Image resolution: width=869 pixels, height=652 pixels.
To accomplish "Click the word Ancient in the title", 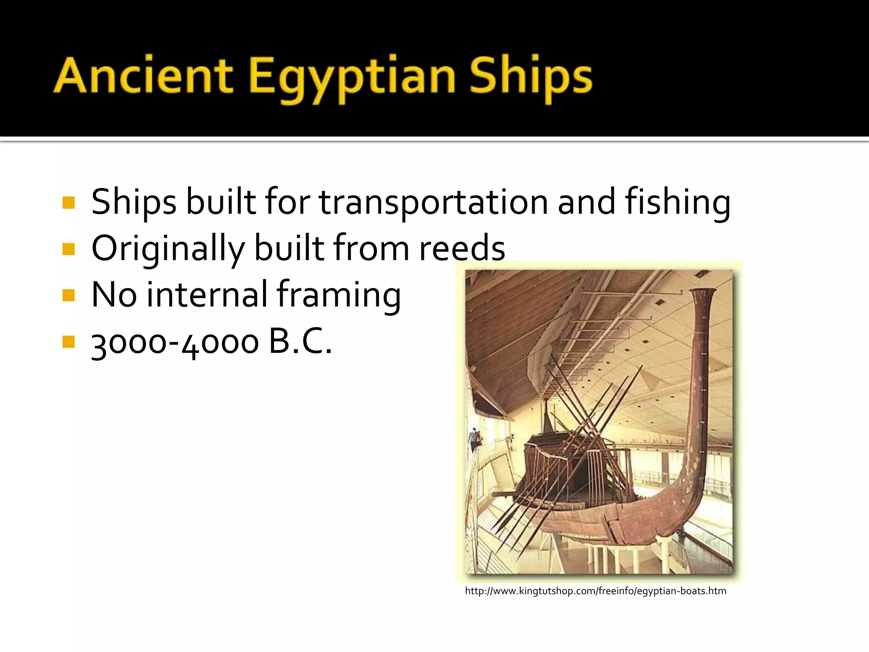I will pos(143,76).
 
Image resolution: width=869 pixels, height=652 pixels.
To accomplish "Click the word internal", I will pos(207,295).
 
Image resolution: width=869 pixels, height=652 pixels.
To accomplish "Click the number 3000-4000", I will pos(175,343).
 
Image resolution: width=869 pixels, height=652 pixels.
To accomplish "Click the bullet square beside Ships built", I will pos(68,202).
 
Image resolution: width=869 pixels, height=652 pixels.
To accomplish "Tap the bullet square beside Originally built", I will pos(68,249).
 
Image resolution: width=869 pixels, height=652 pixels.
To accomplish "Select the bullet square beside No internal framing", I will pos(68,295).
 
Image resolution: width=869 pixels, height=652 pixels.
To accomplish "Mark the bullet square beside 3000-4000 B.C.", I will pos(68,342).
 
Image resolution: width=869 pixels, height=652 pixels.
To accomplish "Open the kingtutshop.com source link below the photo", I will pos(595,591).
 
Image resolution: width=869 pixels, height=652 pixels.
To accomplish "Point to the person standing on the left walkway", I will pos(474,439).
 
